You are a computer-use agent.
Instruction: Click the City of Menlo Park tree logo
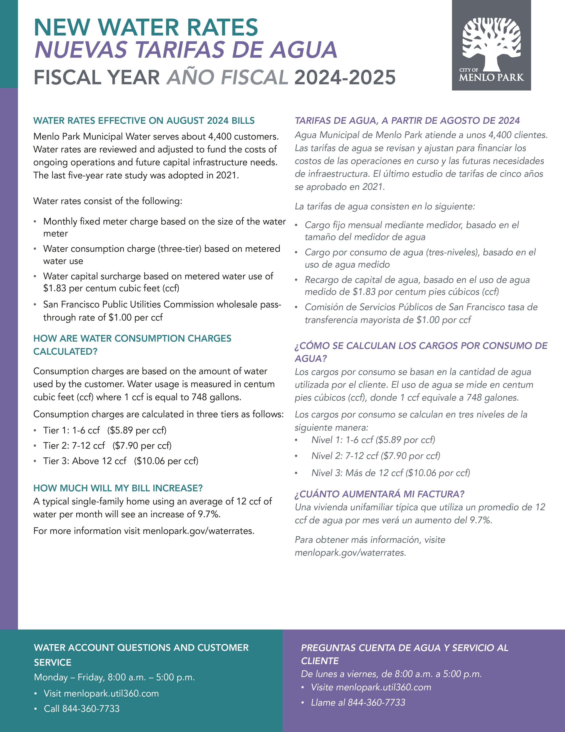pyautogui.click(x=491, y=45)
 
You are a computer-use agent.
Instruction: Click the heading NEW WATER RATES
pyautogui.click(x=146, y=28)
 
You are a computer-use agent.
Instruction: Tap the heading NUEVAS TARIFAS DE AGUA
pyautogui.click(x=186, y=50)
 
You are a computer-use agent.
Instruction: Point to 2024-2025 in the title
pyautogui.click(x=345, y=77)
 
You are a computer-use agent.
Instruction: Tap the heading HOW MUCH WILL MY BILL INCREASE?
pyautogui.click(x=118, y=488)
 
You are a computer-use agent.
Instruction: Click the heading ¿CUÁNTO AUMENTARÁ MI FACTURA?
pyautogui.click(x=380, y=494)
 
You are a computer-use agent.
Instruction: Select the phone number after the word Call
pyautogui.click(x=91, y=708)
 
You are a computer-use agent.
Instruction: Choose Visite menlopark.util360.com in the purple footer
pyautogui.click(x=371, y=687)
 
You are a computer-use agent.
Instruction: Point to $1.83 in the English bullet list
pyautogui.click(x=55, y=288)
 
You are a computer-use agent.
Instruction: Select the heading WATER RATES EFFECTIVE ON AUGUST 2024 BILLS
pyautogui.click(x=144, y=121)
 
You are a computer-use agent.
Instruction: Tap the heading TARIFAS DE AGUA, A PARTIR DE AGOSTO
pyautogui.click(x=407, y=121)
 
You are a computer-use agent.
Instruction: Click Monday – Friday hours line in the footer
pyautogui.click(x=114, y=677)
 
